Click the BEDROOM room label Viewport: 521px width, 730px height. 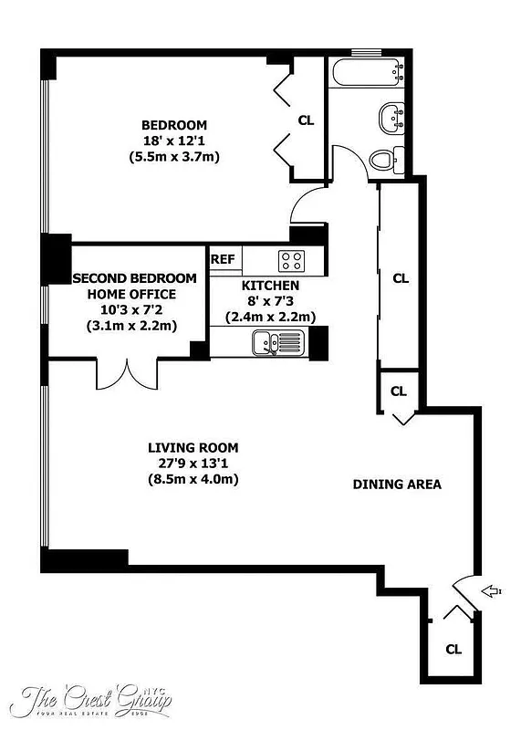[173, 125]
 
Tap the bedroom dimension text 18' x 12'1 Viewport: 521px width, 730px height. [173, 141]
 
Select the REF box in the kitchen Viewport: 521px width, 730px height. [223, 259]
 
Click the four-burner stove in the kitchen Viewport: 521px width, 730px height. [291, 260]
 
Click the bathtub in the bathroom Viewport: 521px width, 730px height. [365, 72]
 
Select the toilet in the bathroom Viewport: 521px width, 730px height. [384, 160]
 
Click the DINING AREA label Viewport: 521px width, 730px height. [397, 485]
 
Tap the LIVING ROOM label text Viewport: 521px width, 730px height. [193, 447]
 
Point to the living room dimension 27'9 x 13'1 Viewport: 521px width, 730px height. [193, 464]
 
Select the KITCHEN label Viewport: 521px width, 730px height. [270, 286]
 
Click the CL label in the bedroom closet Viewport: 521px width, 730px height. [307, 120]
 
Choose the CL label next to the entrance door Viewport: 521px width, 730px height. [453, 649]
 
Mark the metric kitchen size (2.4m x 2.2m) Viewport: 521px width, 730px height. [270, 318]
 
